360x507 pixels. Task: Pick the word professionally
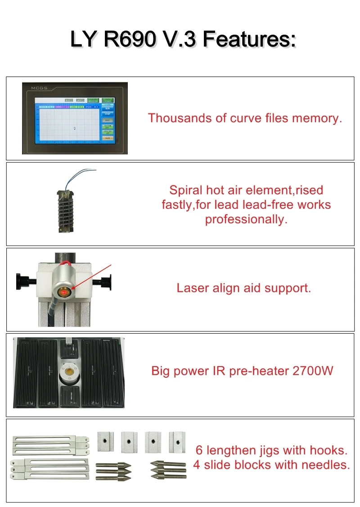tap(246, 220)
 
